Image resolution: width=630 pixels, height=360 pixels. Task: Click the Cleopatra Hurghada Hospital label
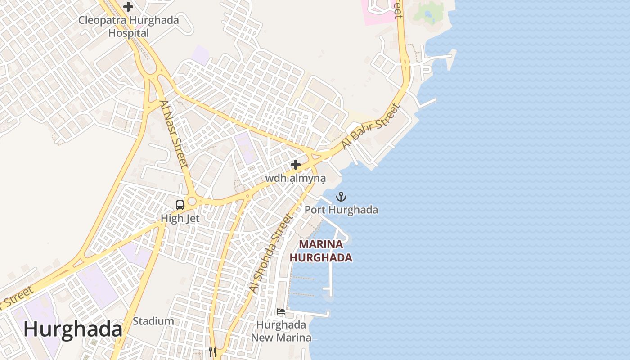[x=129, y=27]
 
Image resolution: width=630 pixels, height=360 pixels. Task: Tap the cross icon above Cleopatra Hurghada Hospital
[x=128, y=7]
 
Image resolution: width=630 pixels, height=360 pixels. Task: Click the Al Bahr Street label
[x=370, y=126]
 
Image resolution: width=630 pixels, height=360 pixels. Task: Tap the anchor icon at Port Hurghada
[x=341, y=197]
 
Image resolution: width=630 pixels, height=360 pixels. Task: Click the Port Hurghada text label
[x=341, y=210]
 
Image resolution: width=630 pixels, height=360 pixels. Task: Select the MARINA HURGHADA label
[x=320, y=251]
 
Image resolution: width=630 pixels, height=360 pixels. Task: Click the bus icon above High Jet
[x=180, y=205]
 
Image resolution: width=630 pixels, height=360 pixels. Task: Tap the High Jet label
[x=180, y=219]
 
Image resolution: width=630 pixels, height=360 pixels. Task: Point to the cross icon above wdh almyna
[x=295, y=165]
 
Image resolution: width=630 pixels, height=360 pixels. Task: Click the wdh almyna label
[x=295, y=179]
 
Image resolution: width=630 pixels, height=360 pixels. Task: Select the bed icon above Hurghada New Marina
[x=281, y=311]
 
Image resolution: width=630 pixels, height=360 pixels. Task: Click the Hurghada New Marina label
[x=281, y=331]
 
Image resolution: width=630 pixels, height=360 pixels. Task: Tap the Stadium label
[x=153, y=321]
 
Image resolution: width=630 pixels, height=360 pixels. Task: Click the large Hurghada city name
[x=73, y=329]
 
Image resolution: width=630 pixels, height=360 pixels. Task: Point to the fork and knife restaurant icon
[x=212, y=352]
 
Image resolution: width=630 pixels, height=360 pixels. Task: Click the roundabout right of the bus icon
[x=192, y=201]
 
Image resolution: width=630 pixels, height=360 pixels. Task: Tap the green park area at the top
[x=427, y=13]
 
